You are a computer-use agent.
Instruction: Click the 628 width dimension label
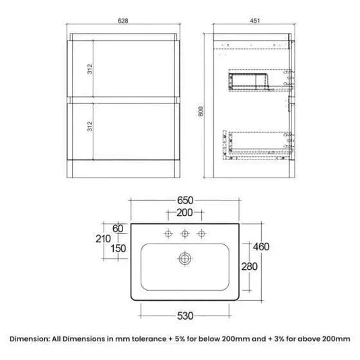click(123, 21)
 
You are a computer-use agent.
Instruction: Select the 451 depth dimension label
click(254, 21)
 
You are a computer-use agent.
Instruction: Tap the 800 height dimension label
click(201, 111)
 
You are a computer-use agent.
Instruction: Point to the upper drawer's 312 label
click(89, 69)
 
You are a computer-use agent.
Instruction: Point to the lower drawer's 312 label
click(89, 127)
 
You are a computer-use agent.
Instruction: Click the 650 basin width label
click(185, 201)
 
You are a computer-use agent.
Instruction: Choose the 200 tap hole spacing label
click(184, 213)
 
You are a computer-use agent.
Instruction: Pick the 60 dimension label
click(118, 229)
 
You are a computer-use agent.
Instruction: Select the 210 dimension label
click(103, 239)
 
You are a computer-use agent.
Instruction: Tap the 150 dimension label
click(118, 249)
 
